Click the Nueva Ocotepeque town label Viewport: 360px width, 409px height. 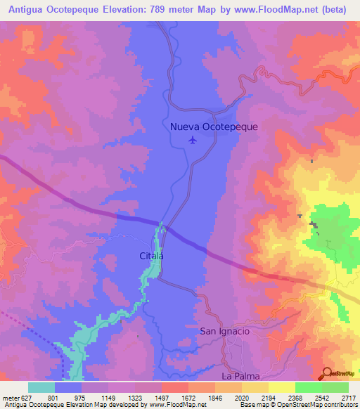[x=214, y=126]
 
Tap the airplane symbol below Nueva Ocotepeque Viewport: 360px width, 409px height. [x=193, y=140]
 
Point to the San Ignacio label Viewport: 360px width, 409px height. [x=225, y=331]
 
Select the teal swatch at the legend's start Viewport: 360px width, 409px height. [x=41, y=387]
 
